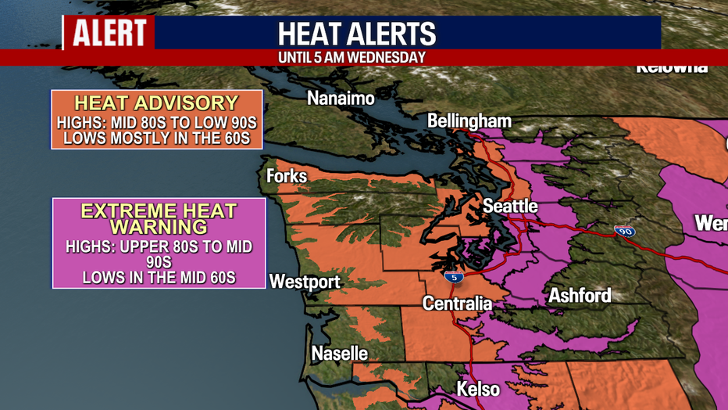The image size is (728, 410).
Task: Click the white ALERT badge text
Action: (x=110, y=33)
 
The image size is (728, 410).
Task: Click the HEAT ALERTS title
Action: (x=357, y=34)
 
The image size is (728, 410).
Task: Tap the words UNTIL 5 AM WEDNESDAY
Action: (x=352, y=57)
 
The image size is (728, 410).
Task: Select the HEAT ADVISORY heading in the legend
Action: (x=156, y=102)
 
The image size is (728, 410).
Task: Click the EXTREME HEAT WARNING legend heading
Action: (x=159, y=218)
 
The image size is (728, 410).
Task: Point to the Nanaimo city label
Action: (x=341, y=99)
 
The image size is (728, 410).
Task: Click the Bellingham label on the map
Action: (x=469, y=120)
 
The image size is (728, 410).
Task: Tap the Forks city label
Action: (x=287, y=176)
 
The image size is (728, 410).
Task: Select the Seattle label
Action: (x=510, y=206)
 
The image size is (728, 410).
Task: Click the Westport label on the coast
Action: (x=305, y=282)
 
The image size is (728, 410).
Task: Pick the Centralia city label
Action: (x=457, y=303)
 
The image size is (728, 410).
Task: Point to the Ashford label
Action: (x=580, y=296)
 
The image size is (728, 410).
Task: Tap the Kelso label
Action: (x=478, y=389)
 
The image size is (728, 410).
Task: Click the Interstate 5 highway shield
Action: (x=452, y=277)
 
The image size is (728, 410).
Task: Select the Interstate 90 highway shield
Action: (x=624, y=231)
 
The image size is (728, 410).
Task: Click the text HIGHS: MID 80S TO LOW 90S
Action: (x=156, y=123)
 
